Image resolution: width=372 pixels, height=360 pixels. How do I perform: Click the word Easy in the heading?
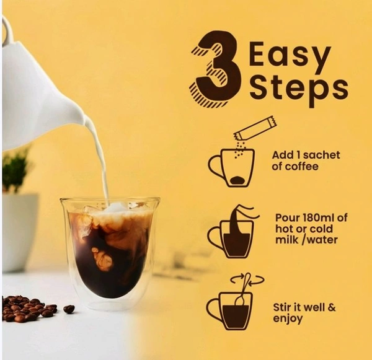pyautogui.click(x=290, y=53)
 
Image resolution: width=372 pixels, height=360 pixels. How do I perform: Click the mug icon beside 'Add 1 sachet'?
pyautogui.click(x=232, y=167)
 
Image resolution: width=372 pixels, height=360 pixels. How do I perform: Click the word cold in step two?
pyautogui.click(x=321, y=229)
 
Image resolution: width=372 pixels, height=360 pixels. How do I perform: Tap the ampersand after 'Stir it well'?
pyautogui.click(x=332, y=308)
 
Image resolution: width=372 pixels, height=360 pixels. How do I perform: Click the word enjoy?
pyautogui.click(x=288, y=319)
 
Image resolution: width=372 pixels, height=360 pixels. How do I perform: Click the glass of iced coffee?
pyautogui.click(x=109, y=252)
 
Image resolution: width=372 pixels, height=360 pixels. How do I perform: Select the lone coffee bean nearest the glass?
pyautogui.click(x=69, y=309)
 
